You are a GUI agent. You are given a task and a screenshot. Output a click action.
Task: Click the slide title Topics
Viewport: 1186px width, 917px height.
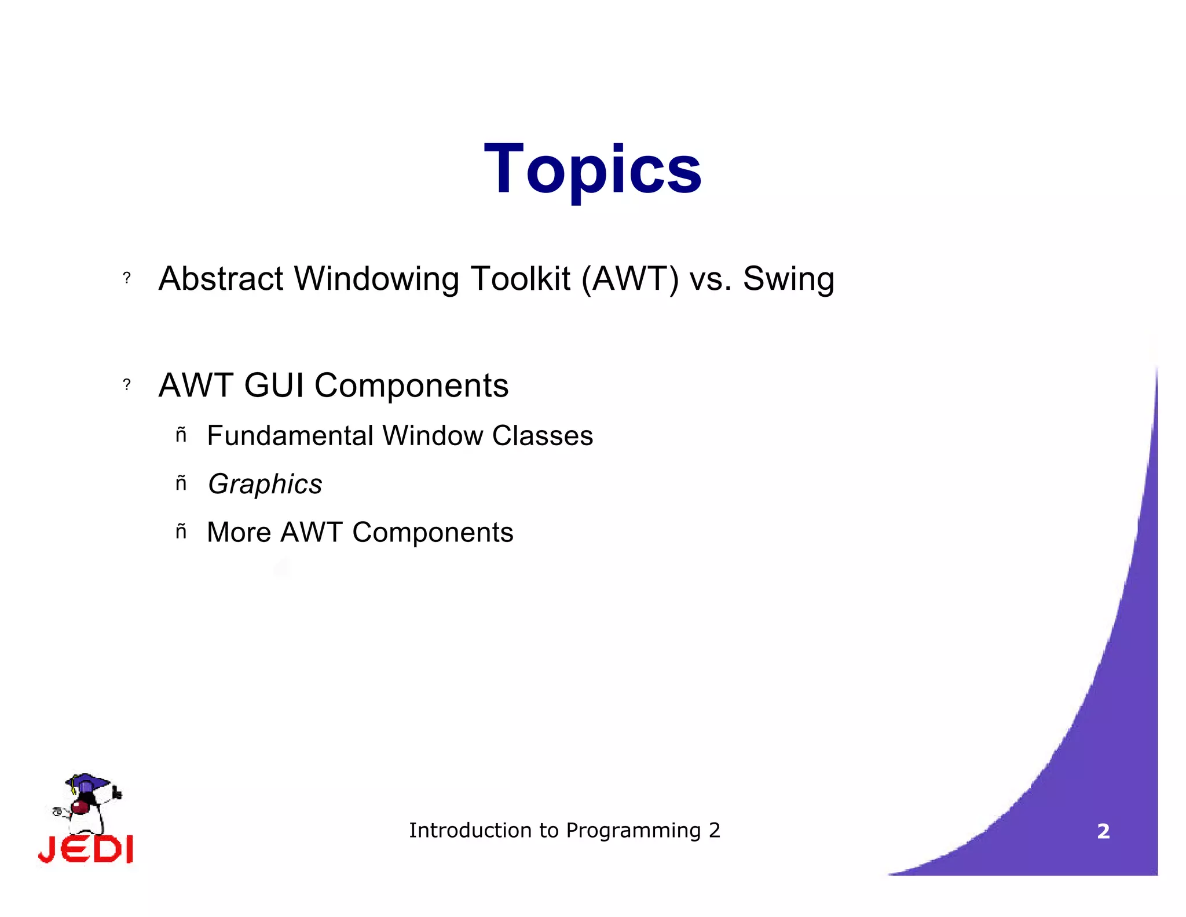pyautogui.click(x=592, y=169)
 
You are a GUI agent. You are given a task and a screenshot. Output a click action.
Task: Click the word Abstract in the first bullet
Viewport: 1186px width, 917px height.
pyautogui.click(x=221, y=279)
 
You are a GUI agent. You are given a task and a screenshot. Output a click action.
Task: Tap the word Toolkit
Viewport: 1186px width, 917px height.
pyautogui.click(x=520, y=279)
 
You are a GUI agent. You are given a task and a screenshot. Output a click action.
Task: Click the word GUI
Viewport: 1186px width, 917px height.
pyautogui.click(x=274, y=385)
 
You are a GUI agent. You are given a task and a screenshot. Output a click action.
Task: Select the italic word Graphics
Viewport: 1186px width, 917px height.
pyautogui.click(x=265, y=484)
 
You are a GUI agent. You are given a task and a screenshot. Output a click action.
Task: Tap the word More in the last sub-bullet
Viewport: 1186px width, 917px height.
pyautogui.click(x=239, y=532)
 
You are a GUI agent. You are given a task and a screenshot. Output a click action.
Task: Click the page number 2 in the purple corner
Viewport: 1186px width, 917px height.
pyautogui.click(x=1103, y=831)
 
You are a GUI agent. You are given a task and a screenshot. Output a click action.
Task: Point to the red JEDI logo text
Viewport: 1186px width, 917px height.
pyautogui.click(x=86, y=849)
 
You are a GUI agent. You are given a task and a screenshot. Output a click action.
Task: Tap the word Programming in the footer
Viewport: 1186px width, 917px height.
pyautogui.click(x=633, y=831)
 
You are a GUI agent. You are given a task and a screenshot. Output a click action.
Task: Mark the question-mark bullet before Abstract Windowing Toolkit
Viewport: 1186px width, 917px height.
pyautogui.click(x=127, y=278)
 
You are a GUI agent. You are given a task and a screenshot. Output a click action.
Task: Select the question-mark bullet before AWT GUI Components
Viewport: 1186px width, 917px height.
pyautogui.click(x=127, y=385)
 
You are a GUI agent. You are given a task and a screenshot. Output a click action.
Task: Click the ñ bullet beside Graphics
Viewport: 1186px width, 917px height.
pyautogui.click(x=181, y=483)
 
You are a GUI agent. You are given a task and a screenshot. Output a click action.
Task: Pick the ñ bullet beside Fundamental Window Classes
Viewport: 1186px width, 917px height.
pyautogui.click(x=181, y=435)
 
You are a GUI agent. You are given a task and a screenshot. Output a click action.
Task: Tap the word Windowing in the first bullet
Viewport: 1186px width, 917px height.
pyautogui.click(x=377, y=279)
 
